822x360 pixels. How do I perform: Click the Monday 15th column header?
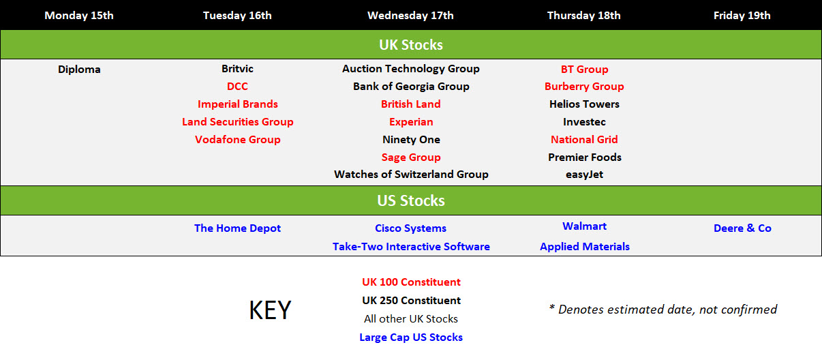pyautogui.click(x=79, y=16)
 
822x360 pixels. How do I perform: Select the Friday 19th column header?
pyautogui.click(x=742, y=16)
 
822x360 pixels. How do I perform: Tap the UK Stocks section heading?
pyautogui.click(x=410, y=45)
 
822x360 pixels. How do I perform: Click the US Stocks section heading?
pyautogui.click(x=410, y=200)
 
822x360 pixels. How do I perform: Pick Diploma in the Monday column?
pyautogui.click(x=79, y=70)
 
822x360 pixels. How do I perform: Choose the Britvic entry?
pyautogui.click(x=237, y=69)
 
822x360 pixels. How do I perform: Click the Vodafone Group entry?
pyautogui.click(x=237, y=140)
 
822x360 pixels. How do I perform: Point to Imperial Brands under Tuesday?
pyautogui.click(x=237, y=104)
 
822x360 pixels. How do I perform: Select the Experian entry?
pyautogui.click(x=411, y=122)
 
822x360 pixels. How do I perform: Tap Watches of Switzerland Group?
pyautogui.click(x=411, y=175)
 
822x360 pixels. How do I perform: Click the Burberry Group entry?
pyautogui.click(x=584, y=87)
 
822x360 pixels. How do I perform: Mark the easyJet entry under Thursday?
pyautogui.click(x=584, y=175)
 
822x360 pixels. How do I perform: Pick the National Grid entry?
pyautogui.click(x=584, y=140)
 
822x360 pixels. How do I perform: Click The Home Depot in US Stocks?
pyautogui.click(x=237, y=228)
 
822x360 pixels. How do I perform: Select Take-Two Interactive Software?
pyautogui.click(x=411, y=247)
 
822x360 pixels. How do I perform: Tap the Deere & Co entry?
pyautogui.click(x=742, y=228)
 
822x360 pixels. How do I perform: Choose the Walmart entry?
pyautogui.click(x=584, y=226)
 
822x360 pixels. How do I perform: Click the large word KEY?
pyautogui.click(x=270, y=310)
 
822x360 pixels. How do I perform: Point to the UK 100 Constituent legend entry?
pyautogui.click(x=411, y=282)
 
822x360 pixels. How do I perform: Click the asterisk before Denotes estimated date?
pyautogui.click(x=551, y=307)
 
